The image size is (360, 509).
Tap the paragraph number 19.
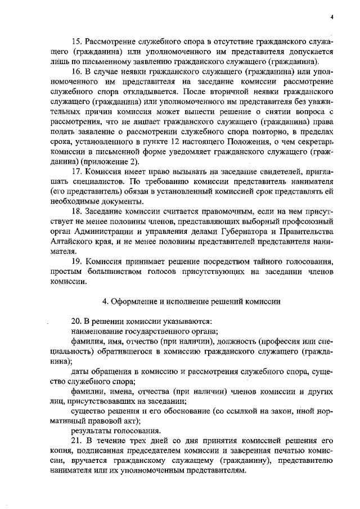76,261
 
